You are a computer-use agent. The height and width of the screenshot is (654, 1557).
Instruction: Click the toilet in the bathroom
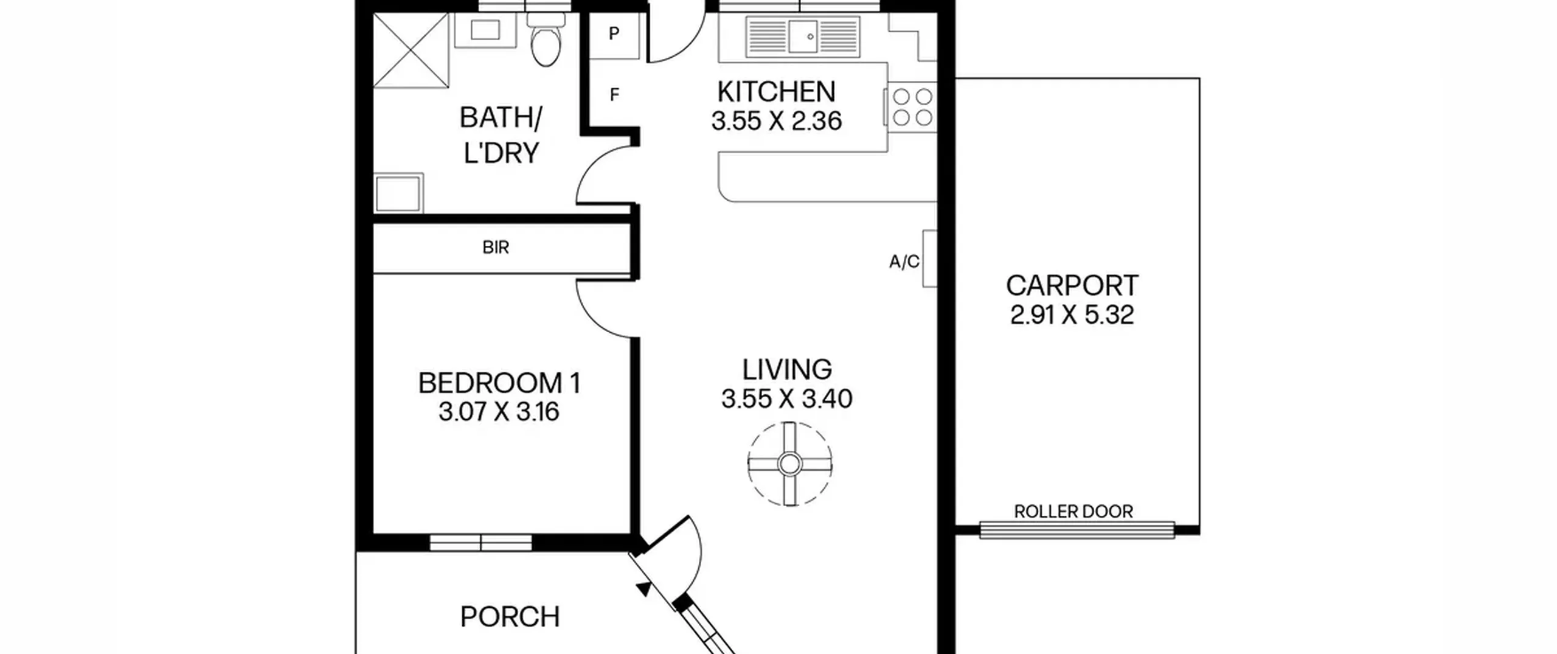546,40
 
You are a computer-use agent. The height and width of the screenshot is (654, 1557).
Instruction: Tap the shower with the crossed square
411,50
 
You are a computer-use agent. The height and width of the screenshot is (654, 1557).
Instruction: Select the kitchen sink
803,37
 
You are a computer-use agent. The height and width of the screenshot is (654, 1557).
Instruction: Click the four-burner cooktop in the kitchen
912,107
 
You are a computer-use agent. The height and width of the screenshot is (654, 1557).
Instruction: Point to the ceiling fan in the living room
789,464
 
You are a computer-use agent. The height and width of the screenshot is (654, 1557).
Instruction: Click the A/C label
904,262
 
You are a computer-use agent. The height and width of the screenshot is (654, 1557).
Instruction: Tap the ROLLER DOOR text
1073,512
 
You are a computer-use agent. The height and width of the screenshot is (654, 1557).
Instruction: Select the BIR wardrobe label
496,248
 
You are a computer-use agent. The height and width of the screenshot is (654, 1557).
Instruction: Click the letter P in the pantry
614,33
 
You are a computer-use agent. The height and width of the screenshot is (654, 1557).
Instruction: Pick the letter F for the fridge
614,95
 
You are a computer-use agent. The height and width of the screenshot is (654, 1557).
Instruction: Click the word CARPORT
1072,285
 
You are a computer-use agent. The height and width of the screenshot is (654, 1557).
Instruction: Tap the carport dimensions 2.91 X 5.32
1072,315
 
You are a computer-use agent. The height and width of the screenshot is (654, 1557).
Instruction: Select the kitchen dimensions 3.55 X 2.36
777,121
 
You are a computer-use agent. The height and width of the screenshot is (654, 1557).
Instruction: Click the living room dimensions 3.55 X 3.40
787,399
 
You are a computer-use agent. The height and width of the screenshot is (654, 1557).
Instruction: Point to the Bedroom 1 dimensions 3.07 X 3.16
499,412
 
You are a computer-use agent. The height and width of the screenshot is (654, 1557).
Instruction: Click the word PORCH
510,617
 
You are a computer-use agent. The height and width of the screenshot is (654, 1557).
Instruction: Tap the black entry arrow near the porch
643,588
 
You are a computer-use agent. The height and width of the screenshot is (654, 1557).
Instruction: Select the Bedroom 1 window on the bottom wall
480,543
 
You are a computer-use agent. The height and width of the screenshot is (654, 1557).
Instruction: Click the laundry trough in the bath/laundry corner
398,193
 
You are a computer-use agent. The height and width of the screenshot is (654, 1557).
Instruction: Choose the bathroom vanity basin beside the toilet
485,30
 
